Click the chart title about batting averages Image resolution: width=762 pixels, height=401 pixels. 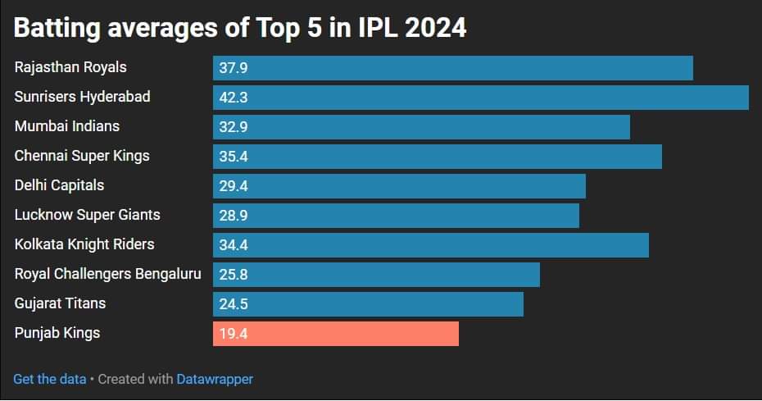240,27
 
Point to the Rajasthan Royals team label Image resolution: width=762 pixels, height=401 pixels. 70,67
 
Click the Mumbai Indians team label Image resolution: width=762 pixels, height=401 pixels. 67,126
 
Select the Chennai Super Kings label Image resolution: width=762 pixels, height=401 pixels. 82,156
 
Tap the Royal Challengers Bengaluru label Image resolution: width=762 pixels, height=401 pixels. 107,274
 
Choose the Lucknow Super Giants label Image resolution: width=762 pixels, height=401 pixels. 88,215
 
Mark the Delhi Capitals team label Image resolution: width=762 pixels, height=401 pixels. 60,185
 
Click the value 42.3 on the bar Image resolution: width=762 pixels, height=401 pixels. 234,98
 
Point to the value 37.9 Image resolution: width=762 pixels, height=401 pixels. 234,68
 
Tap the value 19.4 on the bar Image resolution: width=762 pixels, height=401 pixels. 234,334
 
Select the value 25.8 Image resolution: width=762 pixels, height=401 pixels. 234,275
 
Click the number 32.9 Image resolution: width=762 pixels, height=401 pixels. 234,127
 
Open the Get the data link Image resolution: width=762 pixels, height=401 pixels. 49,379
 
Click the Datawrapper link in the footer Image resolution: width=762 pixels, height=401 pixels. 215,379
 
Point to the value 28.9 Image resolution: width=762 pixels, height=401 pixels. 234,216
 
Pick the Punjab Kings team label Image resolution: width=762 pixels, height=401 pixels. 57,333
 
